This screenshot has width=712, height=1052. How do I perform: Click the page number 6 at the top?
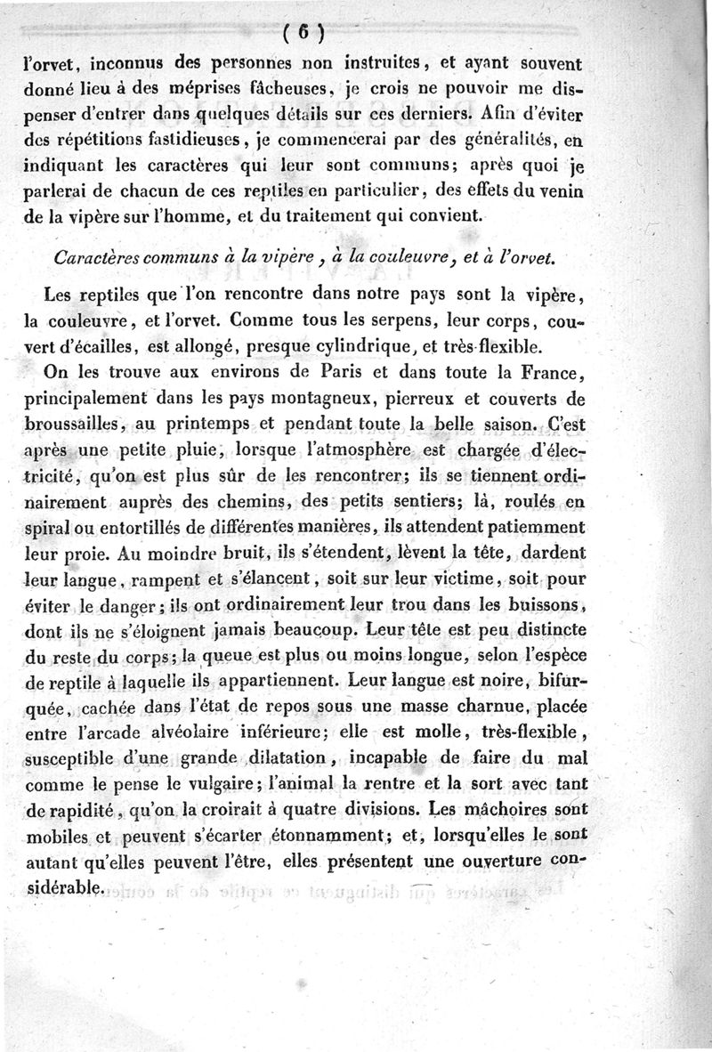pyautogui.click(x=302, y=35)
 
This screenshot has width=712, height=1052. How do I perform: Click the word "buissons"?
pyautogui.click(x=542, y=604)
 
